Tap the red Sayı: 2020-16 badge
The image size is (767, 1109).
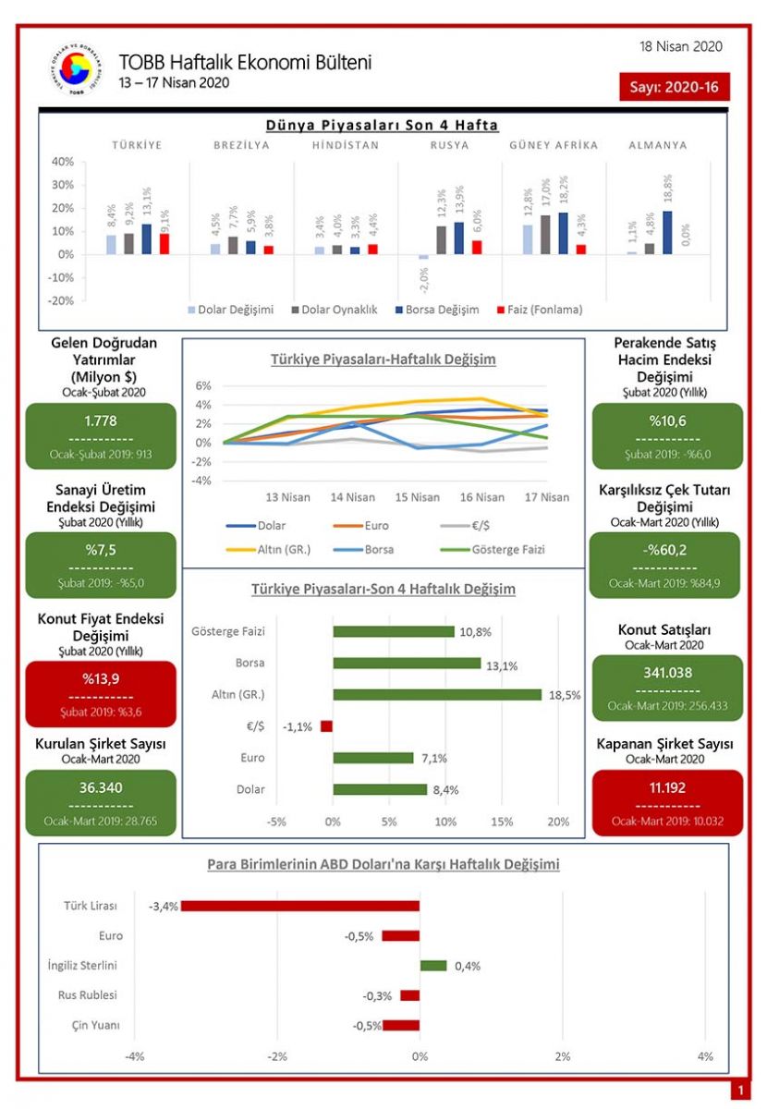(675, 87)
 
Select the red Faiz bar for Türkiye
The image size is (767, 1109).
(164, 243)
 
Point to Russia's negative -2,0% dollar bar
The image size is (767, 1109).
(423, 257)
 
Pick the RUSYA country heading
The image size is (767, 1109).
(449, 146)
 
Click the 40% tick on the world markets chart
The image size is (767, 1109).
(62, 162)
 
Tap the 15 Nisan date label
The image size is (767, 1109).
(418, 497)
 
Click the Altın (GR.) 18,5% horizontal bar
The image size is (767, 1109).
(436, 694)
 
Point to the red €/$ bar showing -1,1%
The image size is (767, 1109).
(326, 726)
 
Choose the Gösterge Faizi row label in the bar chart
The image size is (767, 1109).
(227, 631)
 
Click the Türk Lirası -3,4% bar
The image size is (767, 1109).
(299, 906)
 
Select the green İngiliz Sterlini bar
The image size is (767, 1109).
(433, 966)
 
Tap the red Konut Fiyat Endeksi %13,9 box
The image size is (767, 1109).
(101, 693)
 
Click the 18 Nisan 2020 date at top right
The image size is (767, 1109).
(681, 46)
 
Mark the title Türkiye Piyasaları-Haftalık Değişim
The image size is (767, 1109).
(383, 360)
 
